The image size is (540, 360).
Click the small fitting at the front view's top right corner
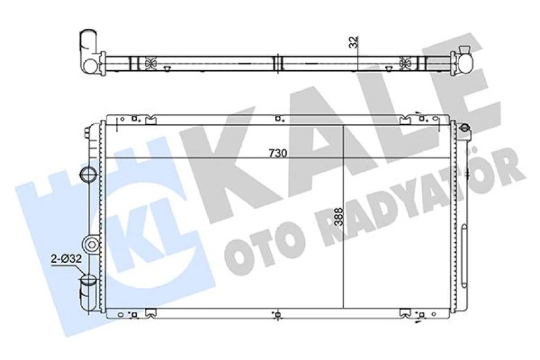pos(464,130)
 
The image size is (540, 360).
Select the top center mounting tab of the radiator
pos(278,118)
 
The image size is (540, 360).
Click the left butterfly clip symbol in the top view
pos(149,63)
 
